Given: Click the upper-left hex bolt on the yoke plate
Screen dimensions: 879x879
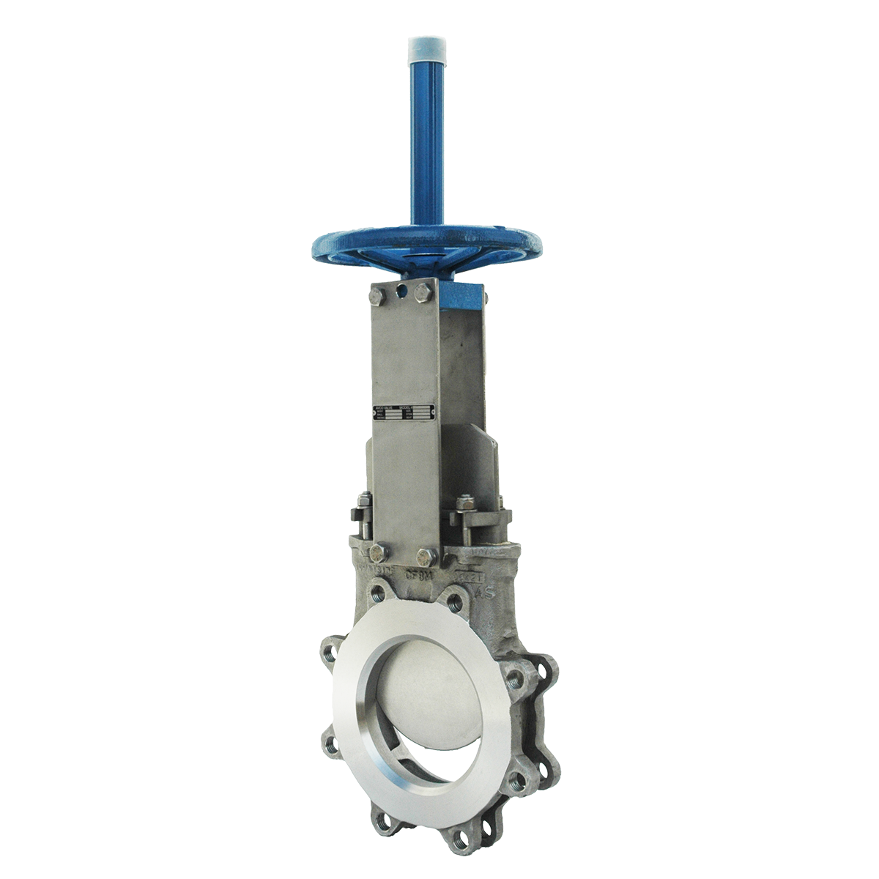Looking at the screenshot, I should coord(377,295).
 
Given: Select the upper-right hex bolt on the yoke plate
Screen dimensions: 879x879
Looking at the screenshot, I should coord(423,293).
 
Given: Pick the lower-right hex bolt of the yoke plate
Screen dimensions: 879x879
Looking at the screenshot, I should coord(427,557).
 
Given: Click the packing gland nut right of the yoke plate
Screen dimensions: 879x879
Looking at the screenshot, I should coord(464,503).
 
